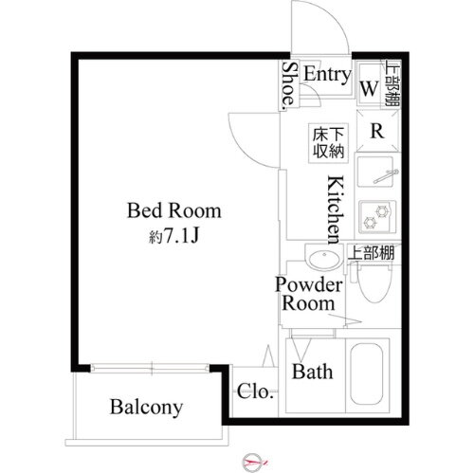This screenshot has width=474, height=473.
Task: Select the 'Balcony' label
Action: [x=145, y=408]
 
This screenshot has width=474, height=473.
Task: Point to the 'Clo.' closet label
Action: [x=254, y=391]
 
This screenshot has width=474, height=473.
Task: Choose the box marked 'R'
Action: [x=376, y=131]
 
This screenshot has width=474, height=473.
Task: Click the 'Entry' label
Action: [x=328, y=75]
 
